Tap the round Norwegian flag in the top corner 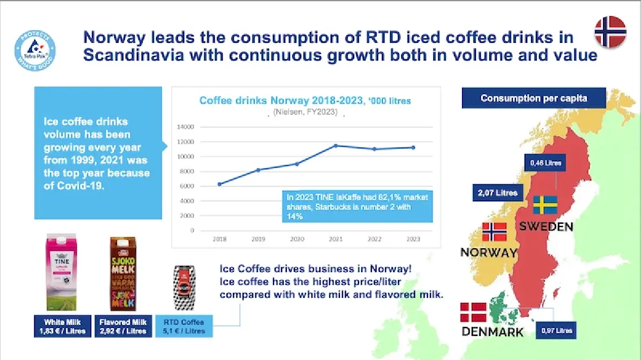point(611,31)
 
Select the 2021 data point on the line point(335,145)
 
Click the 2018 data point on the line point(220,184)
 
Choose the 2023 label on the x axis point(412,239)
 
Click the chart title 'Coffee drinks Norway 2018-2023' point(305,100)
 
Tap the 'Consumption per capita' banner point(526,98)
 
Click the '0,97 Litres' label point(556,331)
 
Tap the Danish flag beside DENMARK point(473,312)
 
